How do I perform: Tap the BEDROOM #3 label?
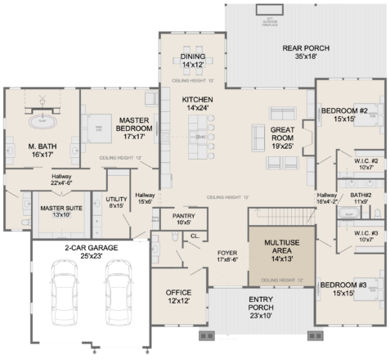pyautogui.click(x=343, y=288)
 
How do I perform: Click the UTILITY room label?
pyautogui.click(x=117, y=201)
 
